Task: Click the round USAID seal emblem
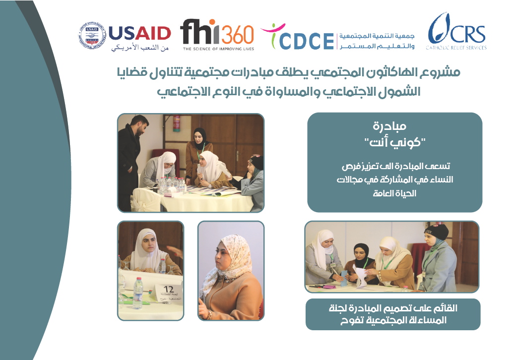[x=92, y=36]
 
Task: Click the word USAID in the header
[x=139, y=33]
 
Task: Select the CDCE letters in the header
[x=306, y=41]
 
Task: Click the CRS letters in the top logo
[x=467, y=35]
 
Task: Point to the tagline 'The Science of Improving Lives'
[x=218, y=49]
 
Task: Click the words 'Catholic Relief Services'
[x=456, y=48]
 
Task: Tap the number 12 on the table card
[x=169, y=289]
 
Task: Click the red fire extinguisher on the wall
[x=176, y=123]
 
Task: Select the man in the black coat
[x=131, y=162]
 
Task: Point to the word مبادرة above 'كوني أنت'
[x=389, y=126]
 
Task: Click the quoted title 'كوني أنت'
[x=394, y=142]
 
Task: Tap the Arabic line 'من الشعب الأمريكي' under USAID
[x=139, y=48]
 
